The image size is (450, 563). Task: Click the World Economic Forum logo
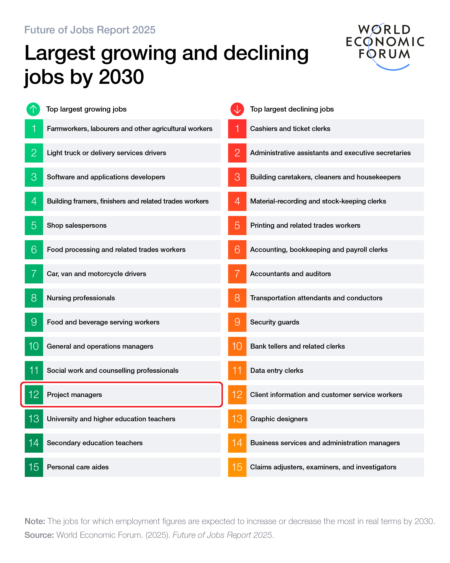coord(385,44)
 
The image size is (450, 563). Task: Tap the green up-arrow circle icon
coord(33,109)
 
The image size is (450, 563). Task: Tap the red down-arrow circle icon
coord(237,109)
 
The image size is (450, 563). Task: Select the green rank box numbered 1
coord(34,129)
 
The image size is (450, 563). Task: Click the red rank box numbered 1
coord(237,129)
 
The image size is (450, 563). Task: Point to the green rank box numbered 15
coord(34,467)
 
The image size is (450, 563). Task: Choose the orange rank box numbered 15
coord(237,467)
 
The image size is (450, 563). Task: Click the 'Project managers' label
coord(74,395)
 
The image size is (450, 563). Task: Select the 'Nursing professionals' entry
coord(81,298)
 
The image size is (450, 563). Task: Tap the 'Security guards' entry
coord(275,322)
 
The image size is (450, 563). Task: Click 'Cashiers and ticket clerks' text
coord(290,129)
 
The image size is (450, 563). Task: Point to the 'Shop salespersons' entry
coord(77,225)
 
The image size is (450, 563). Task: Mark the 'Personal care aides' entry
coord(78,467)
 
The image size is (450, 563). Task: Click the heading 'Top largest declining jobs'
coord(292,109)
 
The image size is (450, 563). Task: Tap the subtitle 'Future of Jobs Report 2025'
coord(90,30)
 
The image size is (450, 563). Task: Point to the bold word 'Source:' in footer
coord(39,535)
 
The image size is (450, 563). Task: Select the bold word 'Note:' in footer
coord(35,521)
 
